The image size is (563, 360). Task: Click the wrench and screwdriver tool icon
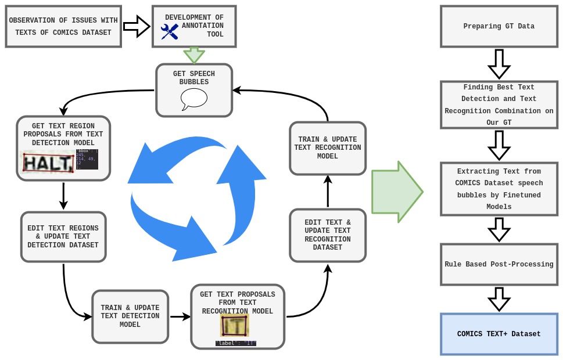[170, 31]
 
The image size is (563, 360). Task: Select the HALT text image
[48, 162]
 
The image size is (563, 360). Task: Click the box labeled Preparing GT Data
[499, 26]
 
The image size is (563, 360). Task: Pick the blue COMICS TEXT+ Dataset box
[499, 334]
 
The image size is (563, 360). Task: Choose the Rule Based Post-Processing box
[499, 264]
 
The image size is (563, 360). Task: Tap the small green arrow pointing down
[194, 55]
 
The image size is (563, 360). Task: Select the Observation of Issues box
[63, 27]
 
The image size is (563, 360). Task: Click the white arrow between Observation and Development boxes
[137, 26]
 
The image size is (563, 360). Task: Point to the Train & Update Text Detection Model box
[130, 316]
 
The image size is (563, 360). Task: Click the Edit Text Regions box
[63, 236]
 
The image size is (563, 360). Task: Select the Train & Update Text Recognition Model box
[327, 147]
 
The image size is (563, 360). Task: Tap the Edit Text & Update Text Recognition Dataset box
[327, 235]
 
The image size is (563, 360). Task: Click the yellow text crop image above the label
[235, 326]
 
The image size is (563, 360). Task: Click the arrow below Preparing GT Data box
[499, 64]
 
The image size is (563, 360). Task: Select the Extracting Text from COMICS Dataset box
[499, 189]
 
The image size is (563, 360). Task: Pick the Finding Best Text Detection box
[499, 105]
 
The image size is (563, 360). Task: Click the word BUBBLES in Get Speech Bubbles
[193, 82]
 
